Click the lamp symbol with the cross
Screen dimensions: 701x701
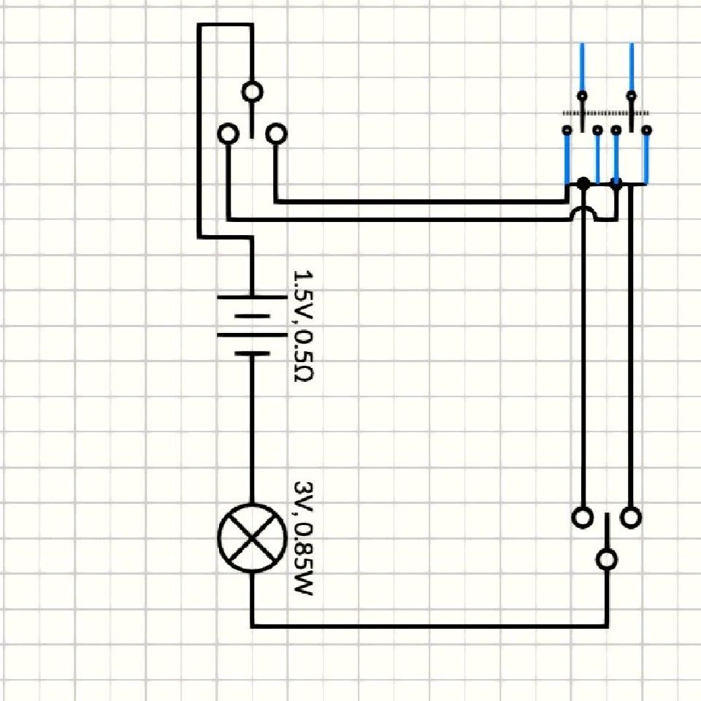(x=252, y=538)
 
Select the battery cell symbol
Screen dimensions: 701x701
(x=252, y=325)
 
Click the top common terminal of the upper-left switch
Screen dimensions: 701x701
(x=252, y=92)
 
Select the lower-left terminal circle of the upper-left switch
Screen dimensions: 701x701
(x=229, y=134)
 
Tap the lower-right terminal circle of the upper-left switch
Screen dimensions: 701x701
(x=276, y=134)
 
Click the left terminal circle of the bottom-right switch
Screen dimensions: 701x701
(x=583, y=518)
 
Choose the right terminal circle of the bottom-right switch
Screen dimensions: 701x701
(x=631, y=518)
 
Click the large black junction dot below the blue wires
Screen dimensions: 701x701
(x=583, y=183)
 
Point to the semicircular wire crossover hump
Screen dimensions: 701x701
(x=583, y=212)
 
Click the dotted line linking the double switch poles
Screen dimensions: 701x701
(x=606, y=114)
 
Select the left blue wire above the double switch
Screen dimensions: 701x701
(x=582, y=67)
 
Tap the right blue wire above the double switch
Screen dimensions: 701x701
(x=631, y=67)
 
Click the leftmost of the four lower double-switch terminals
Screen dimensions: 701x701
(x=567, y=130)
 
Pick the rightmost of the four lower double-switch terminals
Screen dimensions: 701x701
(x=646, y=130)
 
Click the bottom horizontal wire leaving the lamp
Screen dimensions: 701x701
(x=429, y=626)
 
